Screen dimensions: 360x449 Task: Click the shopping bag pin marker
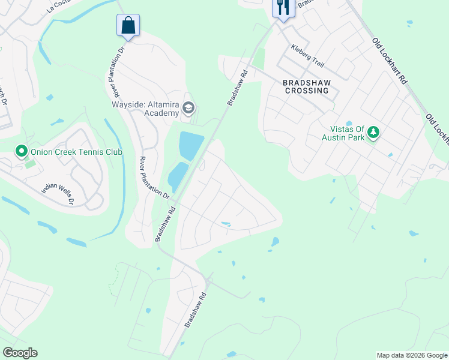point(128,26)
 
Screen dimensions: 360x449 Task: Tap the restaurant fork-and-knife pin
point(282,8)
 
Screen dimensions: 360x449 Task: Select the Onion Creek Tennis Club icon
point(22,151)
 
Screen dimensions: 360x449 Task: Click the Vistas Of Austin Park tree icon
point(373,131)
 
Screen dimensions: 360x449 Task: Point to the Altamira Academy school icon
point(188,109)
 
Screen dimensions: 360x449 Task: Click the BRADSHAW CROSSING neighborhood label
point(303,86)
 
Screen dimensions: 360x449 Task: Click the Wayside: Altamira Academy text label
point(146,108)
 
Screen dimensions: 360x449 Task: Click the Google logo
point(20,353)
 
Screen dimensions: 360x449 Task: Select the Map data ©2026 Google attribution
point(412,355)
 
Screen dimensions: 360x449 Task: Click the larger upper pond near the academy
point(189,146)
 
